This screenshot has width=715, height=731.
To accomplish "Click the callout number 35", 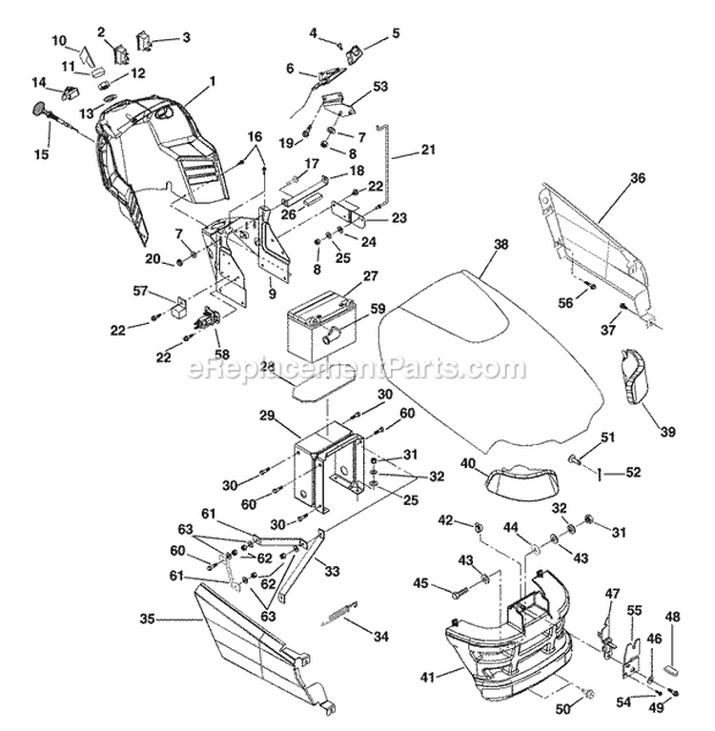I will (147, 619).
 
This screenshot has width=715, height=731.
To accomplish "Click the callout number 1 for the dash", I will (212, 82).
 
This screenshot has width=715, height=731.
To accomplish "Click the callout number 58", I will (223, 355).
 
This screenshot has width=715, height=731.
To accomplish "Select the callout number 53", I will (380, 87).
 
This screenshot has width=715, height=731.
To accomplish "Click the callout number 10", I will (59, 40).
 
